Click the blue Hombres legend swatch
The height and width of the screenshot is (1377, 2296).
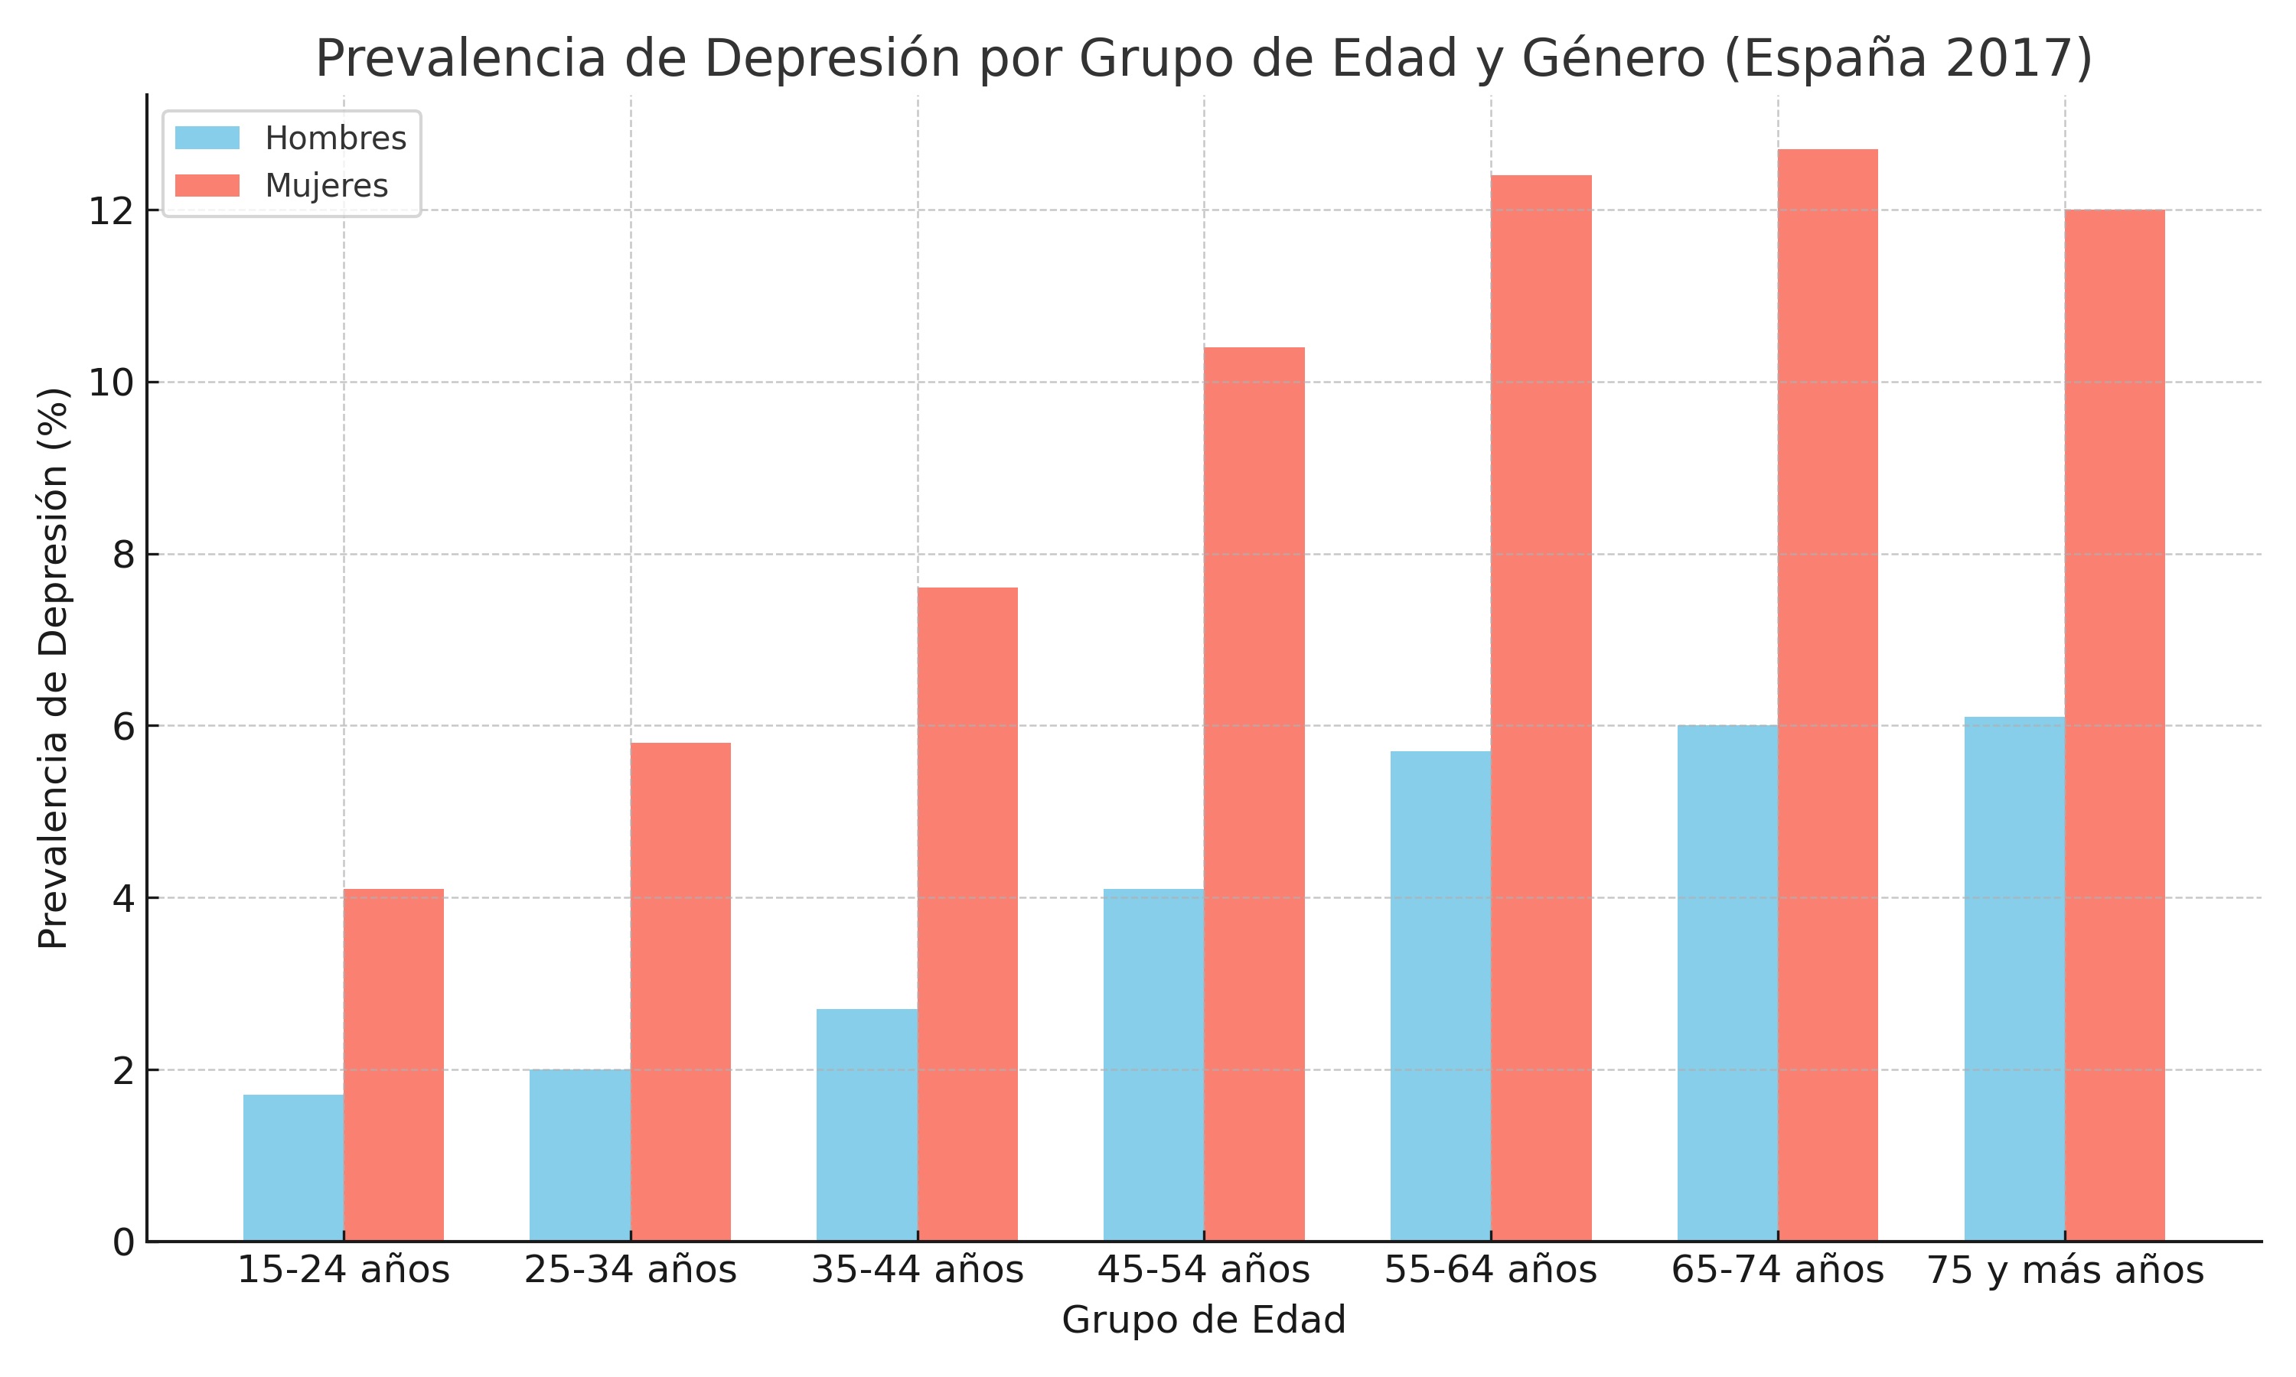point(207,138)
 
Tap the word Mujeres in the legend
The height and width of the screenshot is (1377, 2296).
point(327,186)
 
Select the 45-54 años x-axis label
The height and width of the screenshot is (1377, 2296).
point(1204,1271)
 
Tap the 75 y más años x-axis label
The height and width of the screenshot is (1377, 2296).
point(2065,1271)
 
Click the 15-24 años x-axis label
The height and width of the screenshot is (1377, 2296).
point(344,1271)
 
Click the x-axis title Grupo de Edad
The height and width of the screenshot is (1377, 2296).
point(1204,1320)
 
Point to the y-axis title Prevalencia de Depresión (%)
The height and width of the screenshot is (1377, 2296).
point(54,668)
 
